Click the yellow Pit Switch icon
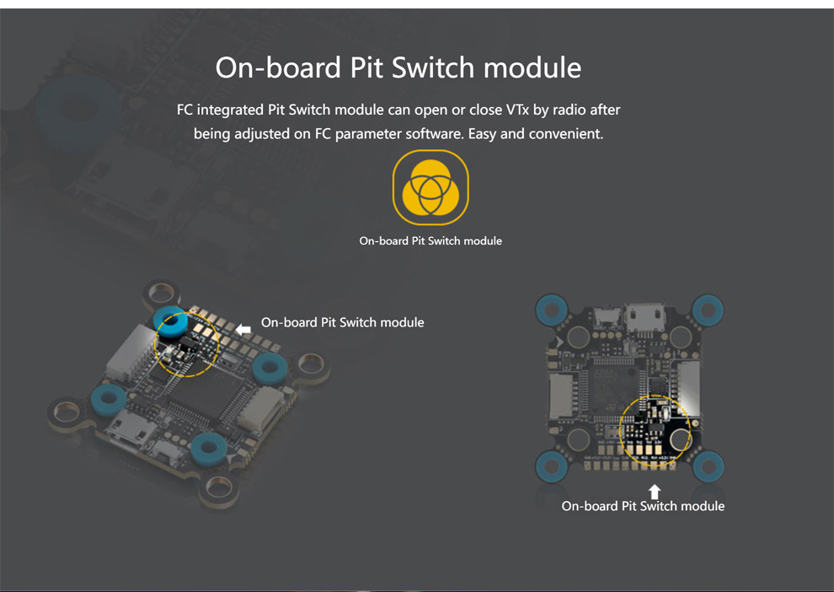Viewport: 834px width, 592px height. click(x=430, y=188)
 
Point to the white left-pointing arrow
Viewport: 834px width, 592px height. click(x=243, y=329)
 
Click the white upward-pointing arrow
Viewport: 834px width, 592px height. click(x=654, y=491)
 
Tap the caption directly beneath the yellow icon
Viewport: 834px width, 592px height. click(x=430, y=241)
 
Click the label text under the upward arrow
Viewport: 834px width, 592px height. click(x=643, y=506)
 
